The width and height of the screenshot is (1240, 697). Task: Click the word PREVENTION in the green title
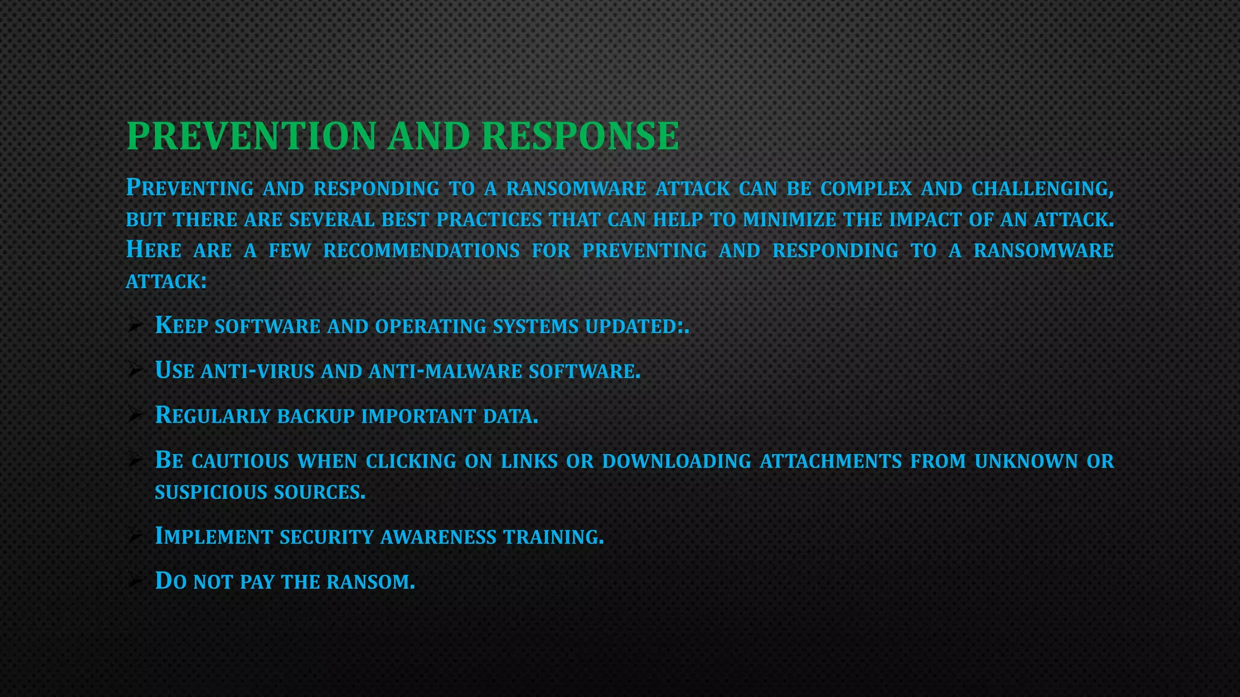click(251, 136)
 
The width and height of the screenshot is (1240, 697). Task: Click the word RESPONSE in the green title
click(580, 136)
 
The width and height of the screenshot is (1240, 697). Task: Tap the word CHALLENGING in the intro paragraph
click(1041, 189)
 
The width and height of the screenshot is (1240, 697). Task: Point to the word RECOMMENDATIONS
click(421, 250)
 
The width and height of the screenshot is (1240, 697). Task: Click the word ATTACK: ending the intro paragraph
click(166, 281)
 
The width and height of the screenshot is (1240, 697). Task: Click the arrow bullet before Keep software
click(134, 326)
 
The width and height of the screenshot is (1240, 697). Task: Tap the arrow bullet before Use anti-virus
click(134, 370)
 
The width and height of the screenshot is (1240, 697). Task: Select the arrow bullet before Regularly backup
click(134, 414)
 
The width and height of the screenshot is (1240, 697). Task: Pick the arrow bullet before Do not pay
click(134, 581)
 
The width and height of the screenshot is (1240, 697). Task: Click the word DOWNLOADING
click(676, 462)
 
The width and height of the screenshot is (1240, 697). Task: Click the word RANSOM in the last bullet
click(369, 582)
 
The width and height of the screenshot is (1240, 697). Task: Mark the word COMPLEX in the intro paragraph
click(865, 189)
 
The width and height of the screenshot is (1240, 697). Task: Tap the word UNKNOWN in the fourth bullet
click(1026, 462)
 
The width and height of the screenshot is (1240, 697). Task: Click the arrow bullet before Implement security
click(134, 535)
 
